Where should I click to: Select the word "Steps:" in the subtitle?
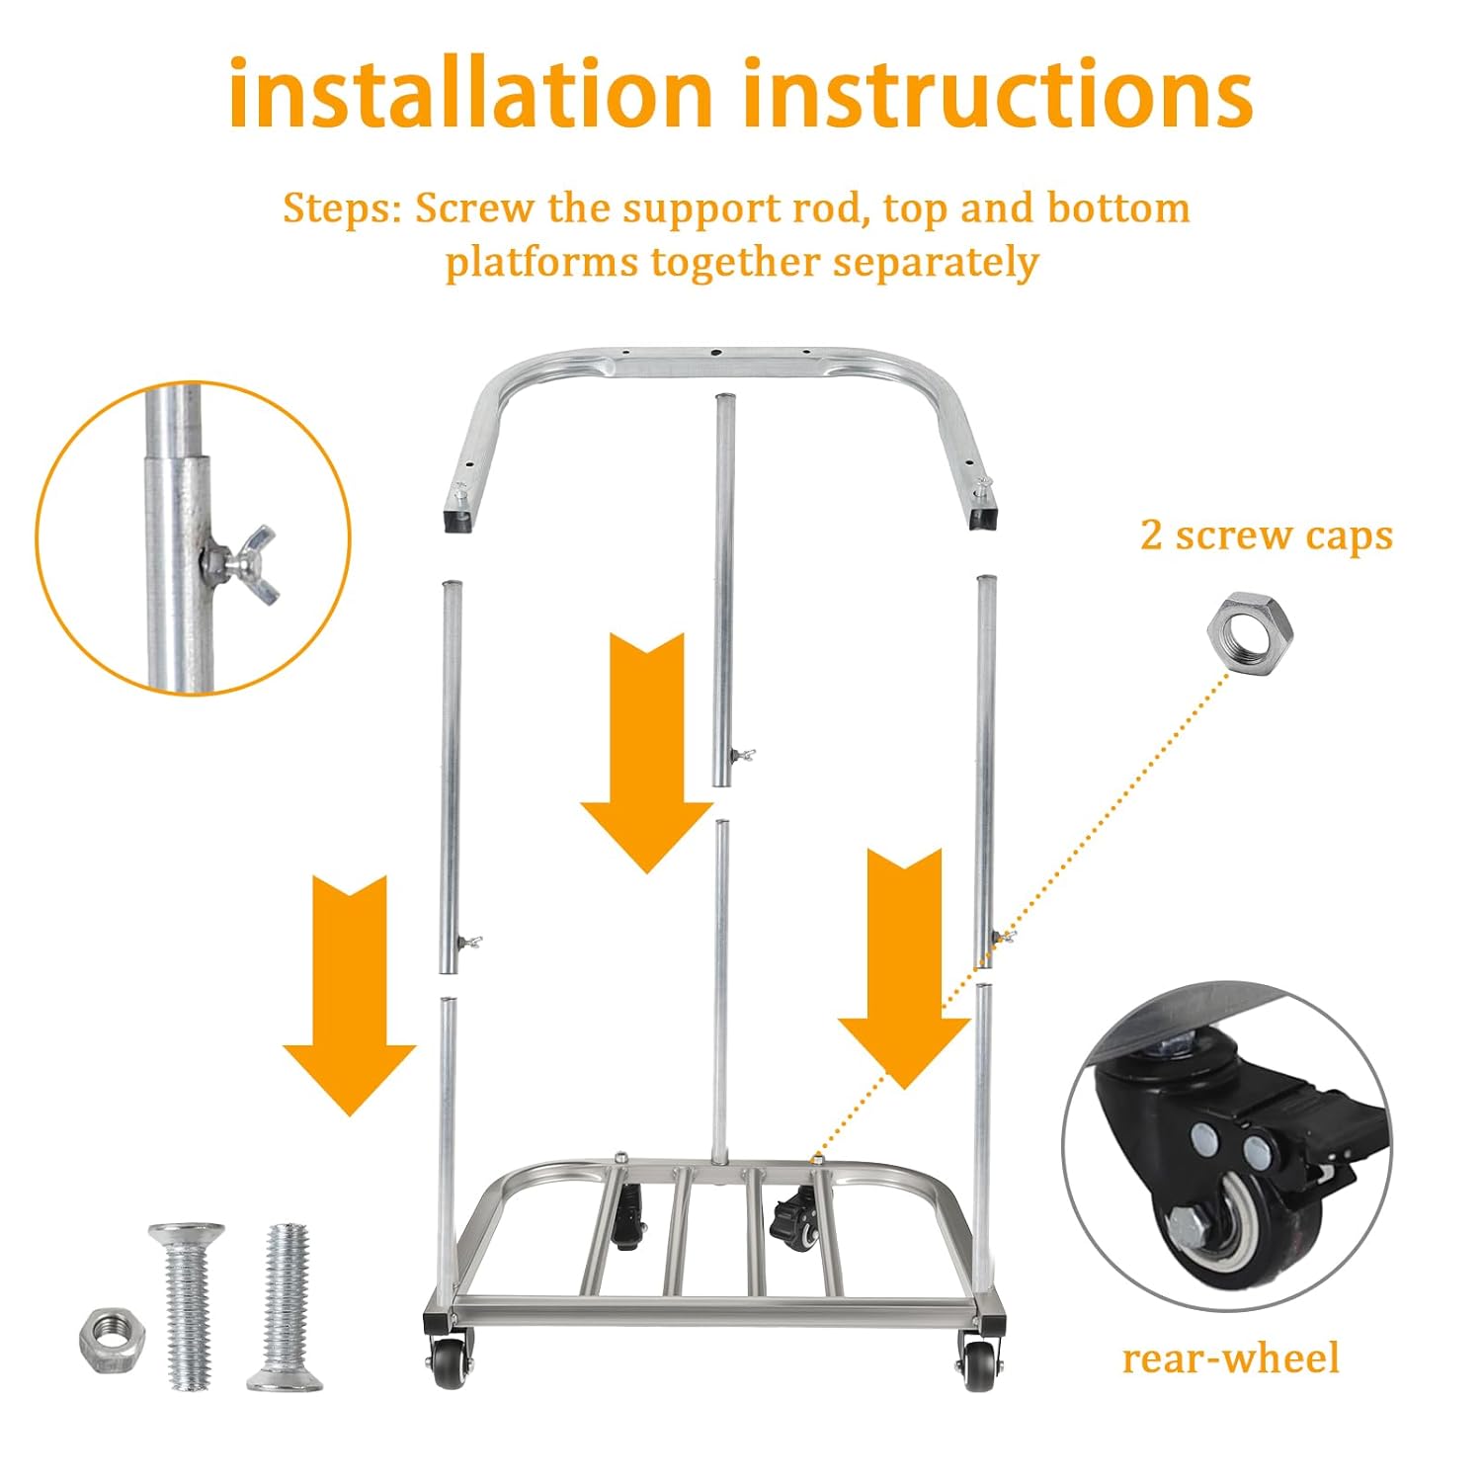[342, 208]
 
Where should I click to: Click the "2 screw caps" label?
[1267, 535]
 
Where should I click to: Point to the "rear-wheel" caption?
[1231, 1358]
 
